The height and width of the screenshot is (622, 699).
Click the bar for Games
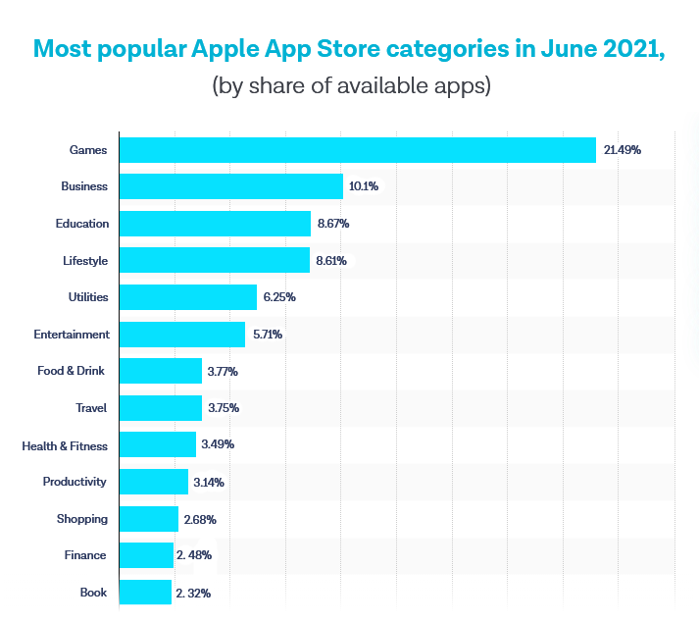[x=357, y=150]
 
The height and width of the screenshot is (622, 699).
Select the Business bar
[x=230, y=186]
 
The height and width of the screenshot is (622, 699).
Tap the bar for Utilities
[x=187, y=297]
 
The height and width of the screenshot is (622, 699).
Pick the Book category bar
[x=145, y=593]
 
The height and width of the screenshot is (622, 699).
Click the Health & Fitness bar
[x=157, y=445]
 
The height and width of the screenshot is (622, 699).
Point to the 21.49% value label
[x=623, y=150]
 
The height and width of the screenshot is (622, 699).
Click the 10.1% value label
[x=364, y=186]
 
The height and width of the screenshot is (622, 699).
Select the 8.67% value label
[x=333, y=224]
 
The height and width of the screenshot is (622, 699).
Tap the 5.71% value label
[x=268, y=335]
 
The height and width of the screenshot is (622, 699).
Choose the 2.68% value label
[x=200, y=519]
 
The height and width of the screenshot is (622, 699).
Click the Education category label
[x=82, y=224]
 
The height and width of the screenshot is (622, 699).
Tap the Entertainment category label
[x=72, y=335]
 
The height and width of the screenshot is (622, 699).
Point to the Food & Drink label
[x=76, y=371]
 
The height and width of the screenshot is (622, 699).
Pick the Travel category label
[x=91, y=408]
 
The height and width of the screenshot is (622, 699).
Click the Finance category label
[x=85, y=555]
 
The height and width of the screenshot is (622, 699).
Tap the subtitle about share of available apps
[x=350, y=85]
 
